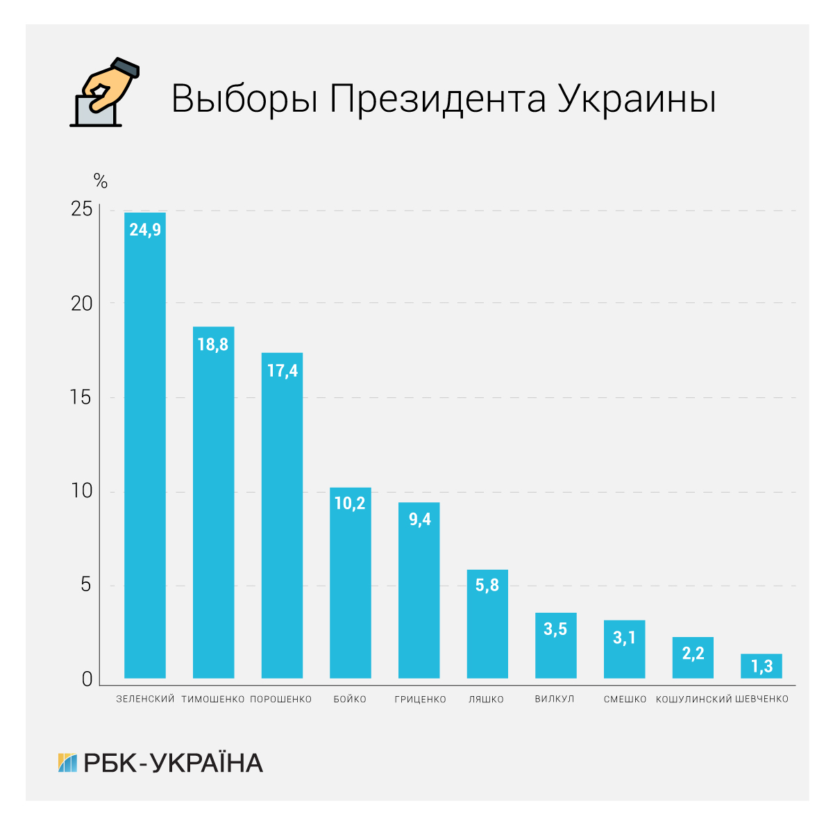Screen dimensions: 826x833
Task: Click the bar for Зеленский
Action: tap(144, 445)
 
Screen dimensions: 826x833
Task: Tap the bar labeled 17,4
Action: tap(282, 515)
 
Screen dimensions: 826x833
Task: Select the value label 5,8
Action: tap(487, 585)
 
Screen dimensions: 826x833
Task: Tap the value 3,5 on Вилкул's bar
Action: tap(555, 629)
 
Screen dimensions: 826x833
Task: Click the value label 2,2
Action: tap(693, 653)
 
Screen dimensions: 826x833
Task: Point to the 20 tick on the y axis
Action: tap(81, 304)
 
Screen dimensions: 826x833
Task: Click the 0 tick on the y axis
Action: tap(87, 679)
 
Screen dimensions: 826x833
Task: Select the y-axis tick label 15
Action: tap(81, 397)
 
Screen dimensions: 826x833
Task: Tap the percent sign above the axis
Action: tap(101, 182)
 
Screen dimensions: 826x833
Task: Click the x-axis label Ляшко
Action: tap(486, 699)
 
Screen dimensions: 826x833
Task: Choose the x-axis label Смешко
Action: tap(625, 699)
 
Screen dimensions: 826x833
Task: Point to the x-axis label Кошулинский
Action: tap(693, 699)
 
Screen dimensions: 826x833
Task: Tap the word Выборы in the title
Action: tap(244, 99)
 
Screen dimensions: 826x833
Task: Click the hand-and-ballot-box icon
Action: tap(104, 94)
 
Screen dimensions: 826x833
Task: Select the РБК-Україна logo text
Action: tap(173, 763)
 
